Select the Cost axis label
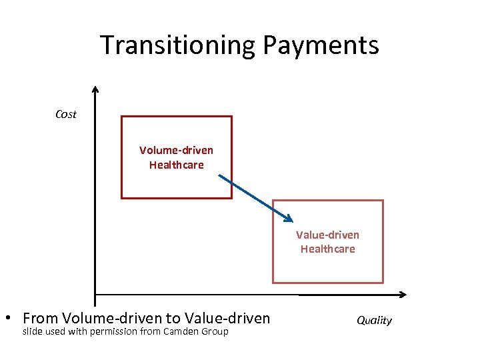65,114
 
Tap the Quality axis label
374,320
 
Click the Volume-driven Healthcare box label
176,157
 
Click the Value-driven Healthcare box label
327,242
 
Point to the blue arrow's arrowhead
289,219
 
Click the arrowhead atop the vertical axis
95,89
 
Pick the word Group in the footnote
215,331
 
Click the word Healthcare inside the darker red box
176,165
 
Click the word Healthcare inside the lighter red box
327,249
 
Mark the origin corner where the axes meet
95,294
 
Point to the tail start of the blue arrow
219,177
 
